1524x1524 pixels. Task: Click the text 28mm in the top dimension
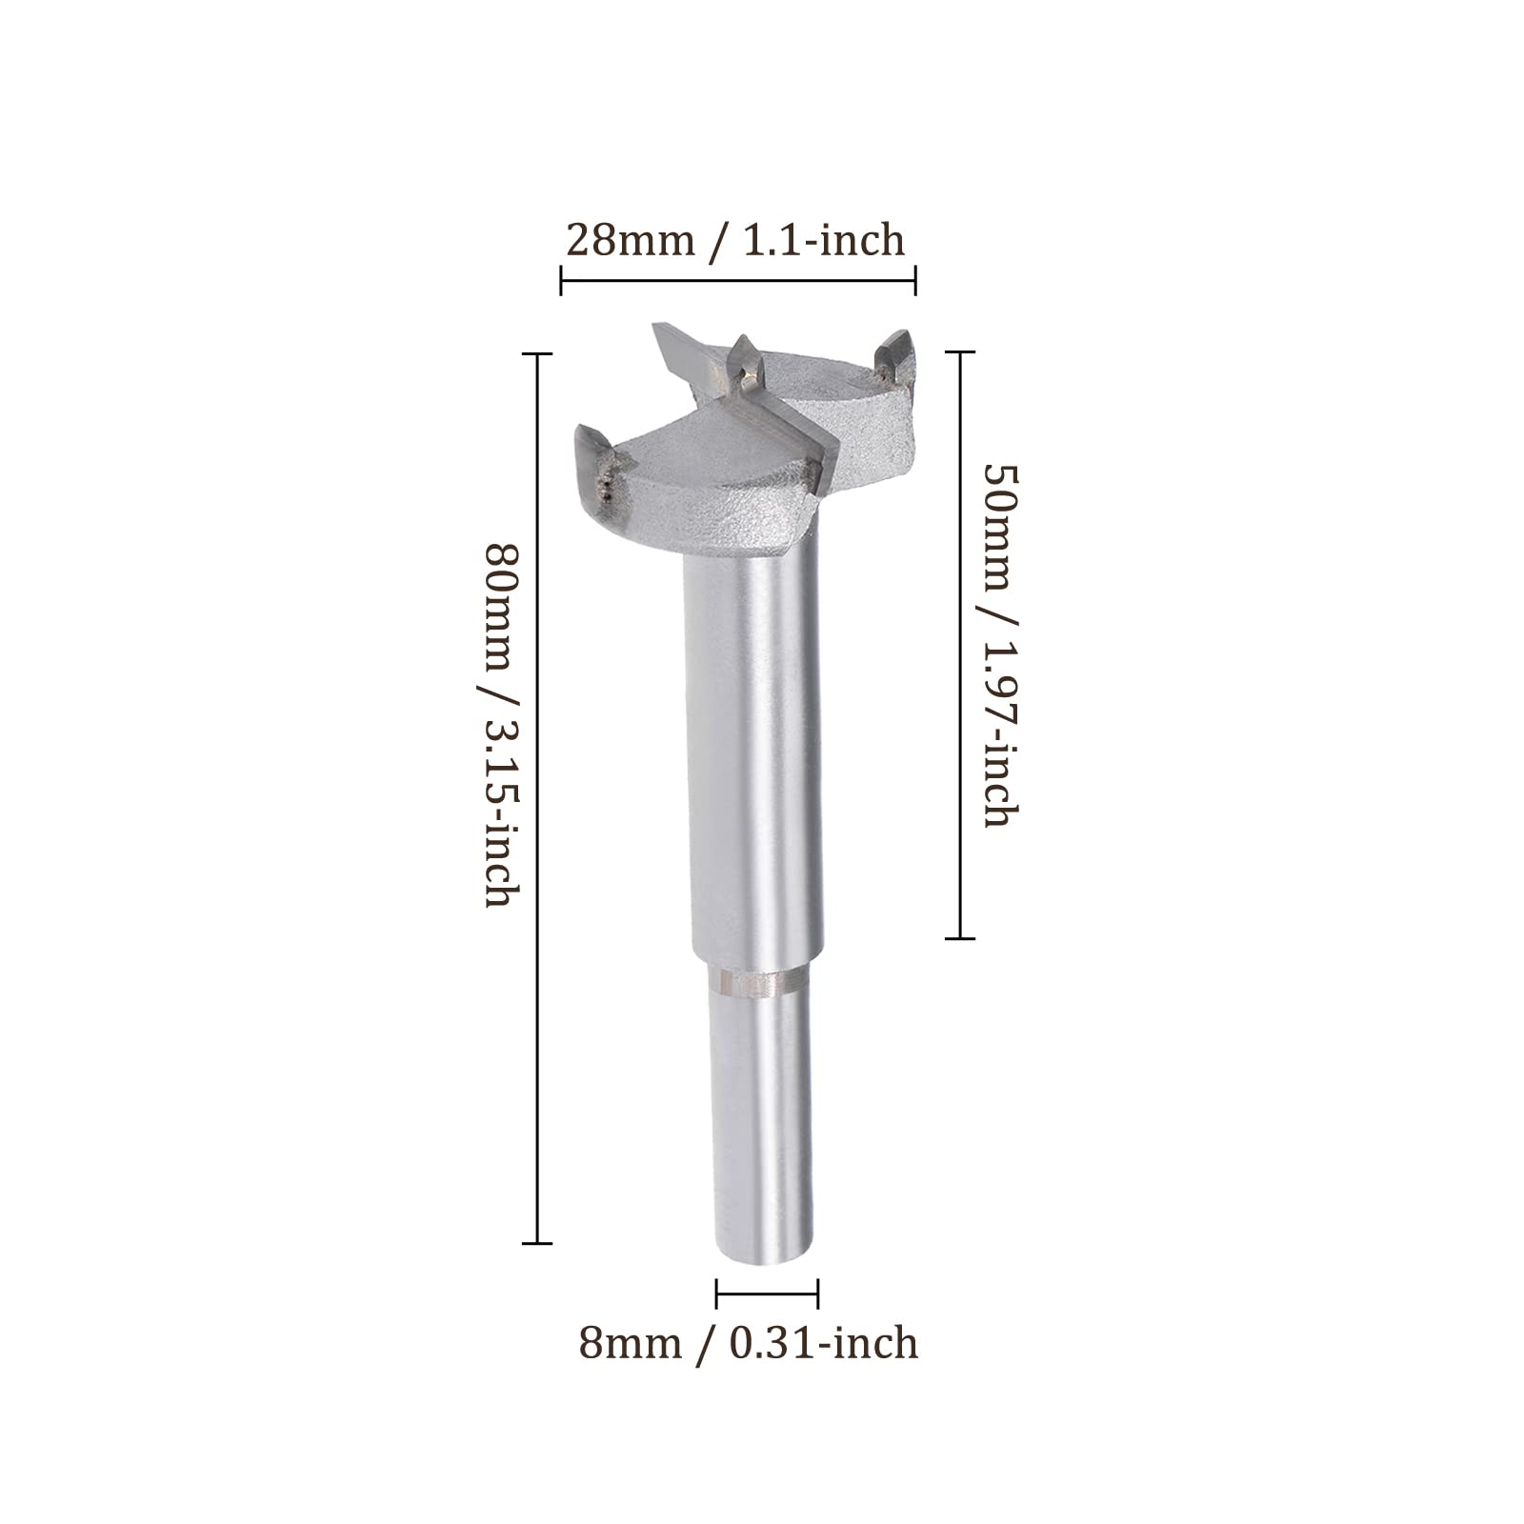[x=630, y=240]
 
